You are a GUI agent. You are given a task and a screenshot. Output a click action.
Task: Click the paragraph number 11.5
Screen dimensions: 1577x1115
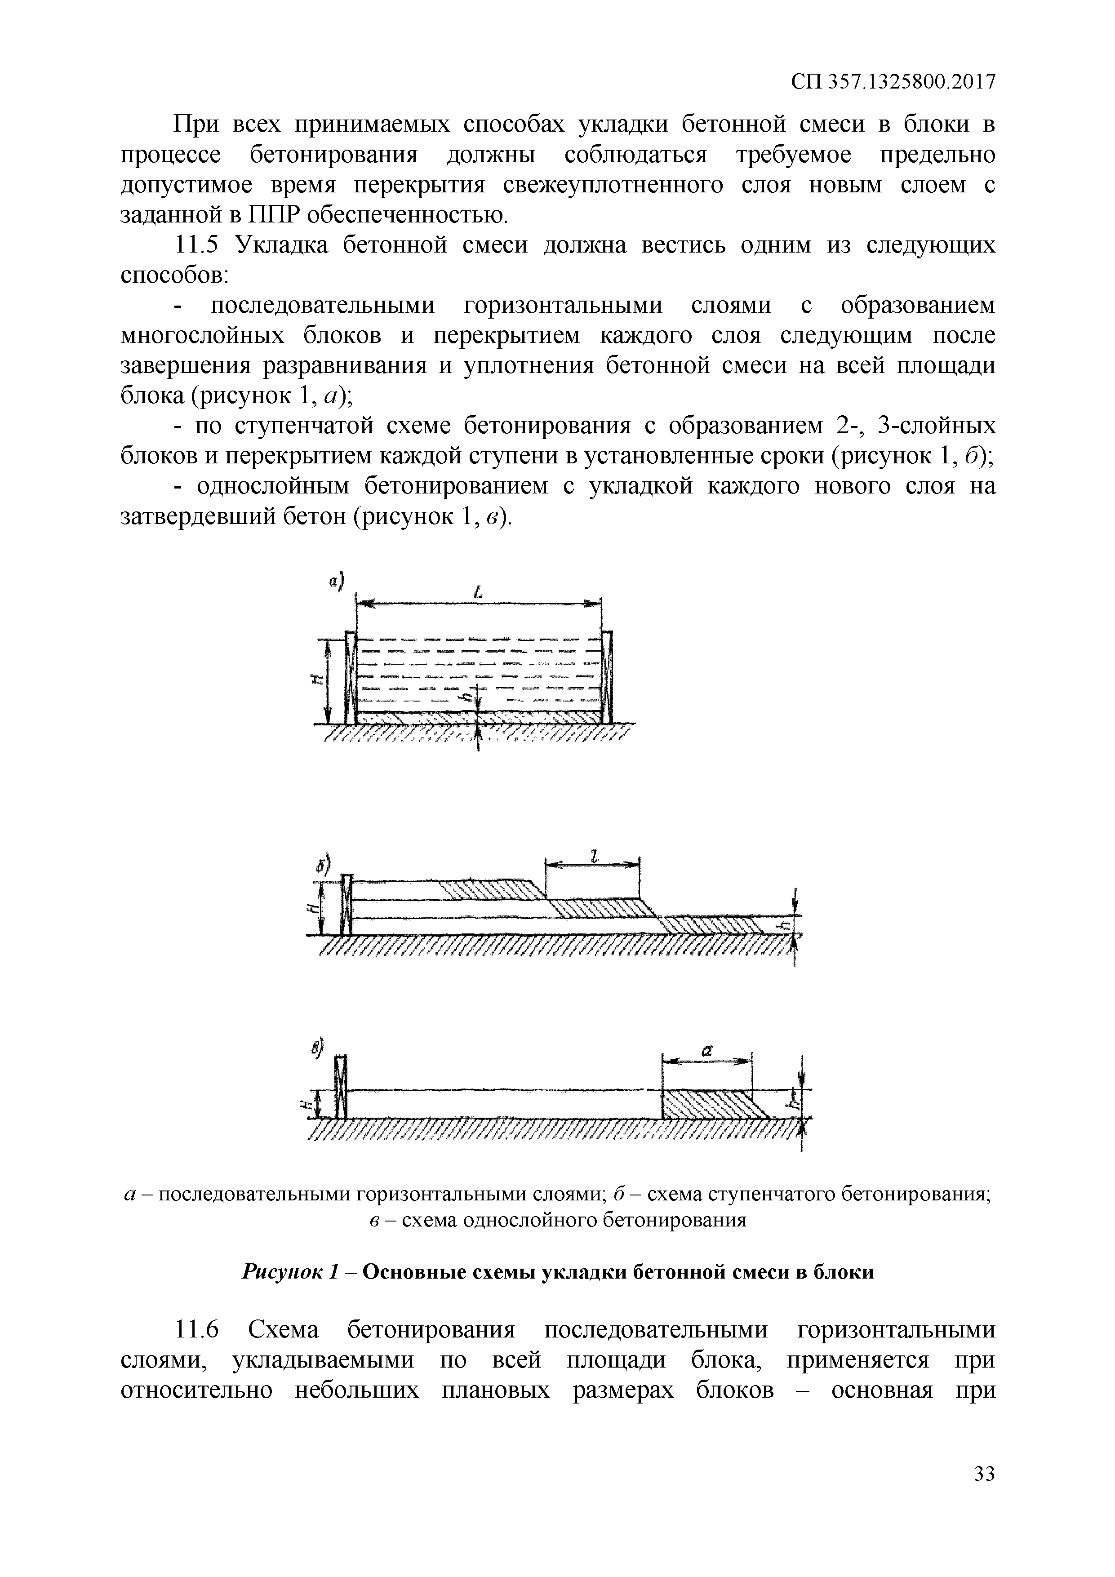(x=196, y=245)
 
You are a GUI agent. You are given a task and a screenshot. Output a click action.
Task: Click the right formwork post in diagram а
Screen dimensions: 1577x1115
(x=607, y=676)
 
